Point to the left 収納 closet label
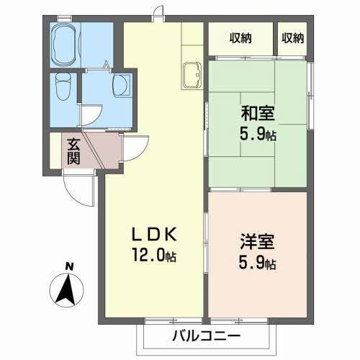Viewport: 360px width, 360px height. pos(241,37)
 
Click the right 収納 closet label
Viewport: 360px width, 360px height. pos(293,37)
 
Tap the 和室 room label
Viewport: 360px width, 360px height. pos(258,113)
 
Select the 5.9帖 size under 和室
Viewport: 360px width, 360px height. pos(258,134)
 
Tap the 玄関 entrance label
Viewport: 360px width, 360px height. pos(74,150)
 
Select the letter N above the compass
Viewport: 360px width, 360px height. pos(70,266)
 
